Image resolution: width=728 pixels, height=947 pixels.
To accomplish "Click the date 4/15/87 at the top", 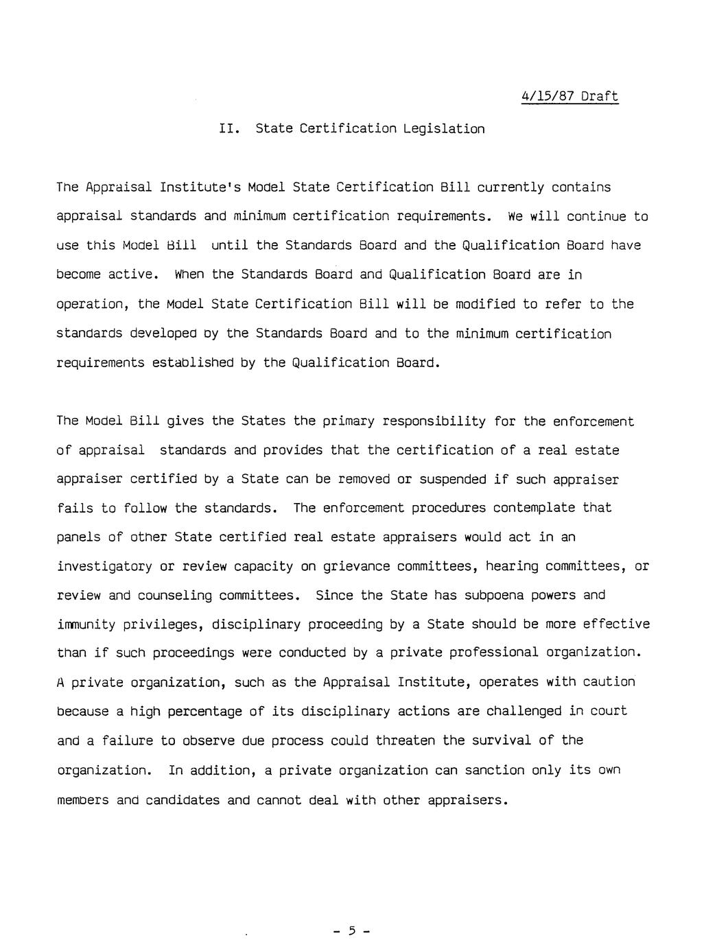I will pos(546,96).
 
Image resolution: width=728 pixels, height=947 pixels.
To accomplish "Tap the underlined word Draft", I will pos(600,96).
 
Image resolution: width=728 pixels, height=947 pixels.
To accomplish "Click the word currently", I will pos(510,187).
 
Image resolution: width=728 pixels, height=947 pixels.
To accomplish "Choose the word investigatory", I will pos(104,567).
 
